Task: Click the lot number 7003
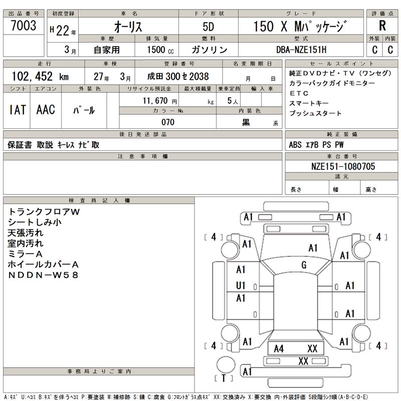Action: (x=23, y=26)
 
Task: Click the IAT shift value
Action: (x=18, y=110)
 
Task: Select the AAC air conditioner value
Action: (x=46, y=110)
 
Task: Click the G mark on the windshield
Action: (x=304, y=265)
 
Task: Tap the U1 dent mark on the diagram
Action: (x=241, y=285)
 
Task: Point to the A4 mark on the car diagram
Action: (x=279, y=349)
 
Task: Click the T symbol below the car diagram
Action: (x=224, y=378)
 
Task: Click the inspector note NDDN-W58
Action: (x=44, y=275)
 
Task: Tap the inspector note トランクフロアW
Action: (x=44, y=212)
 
